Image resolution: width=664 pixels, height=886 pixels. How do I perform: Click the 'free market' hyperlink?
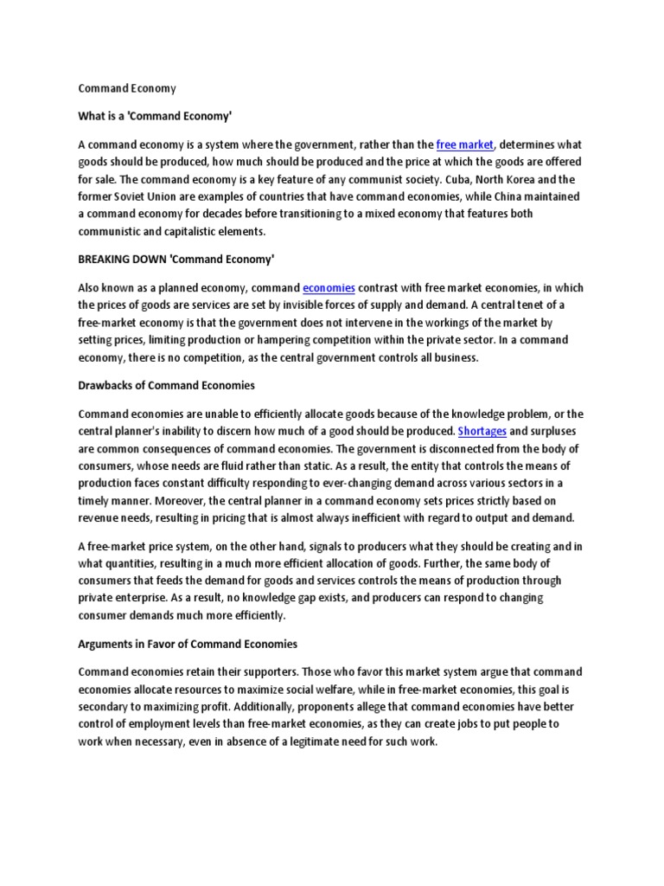point(465,145)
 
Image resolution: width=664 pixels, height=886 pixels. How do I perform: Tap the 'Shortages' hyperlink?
point(482,430)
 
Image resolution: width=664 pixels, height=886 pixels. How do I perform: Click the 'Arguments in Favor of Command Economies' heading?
point(188,644)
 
